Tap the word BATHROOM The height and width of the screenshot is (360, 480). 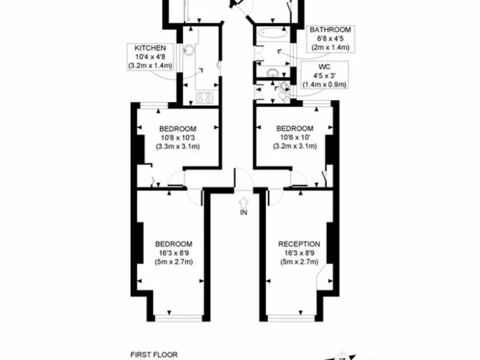330,29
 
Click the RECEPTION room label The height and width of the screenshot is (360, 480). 299,244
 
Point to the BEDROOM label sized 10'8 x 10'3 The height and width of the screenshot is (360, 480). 177,129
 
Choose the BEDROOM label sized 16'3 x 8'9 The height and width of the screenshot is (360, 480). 174,244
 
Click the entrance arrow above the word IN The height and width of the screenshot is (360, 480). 243,202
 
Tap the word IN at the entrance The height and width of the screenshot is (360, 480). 243,213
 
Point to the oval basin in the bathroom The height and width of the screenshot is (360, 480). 272,73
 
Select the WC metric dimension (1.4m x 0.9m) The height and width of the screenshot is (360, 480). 324,84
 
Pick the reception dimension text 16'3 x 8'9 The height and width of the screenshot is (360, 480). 299,253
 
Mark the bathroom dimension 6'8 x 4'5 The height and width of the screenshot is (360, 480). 330,39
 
